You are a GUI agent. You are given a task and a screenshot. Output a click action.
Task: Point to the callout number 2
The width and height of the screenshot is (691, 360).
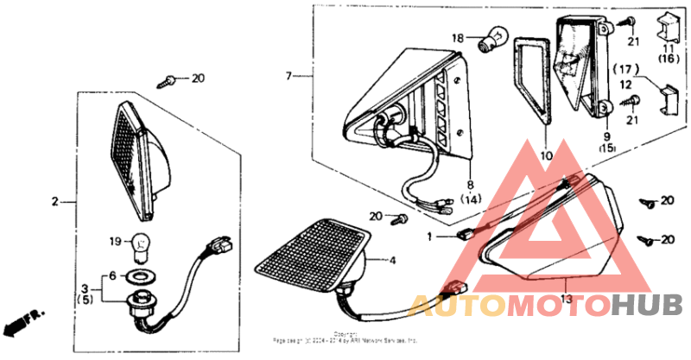tap(54, 202)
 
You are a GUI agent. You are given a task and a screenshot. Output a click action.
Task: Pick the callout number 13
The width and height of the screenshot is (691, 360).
tap(567, 299)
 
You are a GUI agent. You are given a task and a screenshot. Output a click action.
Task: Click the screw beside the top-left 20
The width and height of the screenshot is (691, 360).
tap(168, 81)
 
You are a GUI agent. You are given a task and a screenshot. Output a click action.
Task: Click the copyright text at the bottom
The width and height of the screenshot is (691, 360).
tap(345, 338)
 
